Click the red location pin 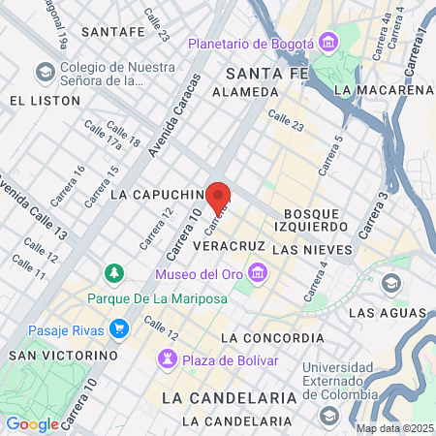(218, 193)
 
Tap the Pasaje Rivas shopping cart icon (119, 329)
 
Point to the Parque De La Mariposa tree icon (114, 274)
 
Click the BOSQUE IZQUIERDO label (316, 219)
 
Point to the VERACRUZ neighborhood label (229, 247)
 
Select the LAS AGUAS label (388, 313)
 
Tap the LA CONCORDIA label (272, 337)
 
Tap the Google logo (32, 423)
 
